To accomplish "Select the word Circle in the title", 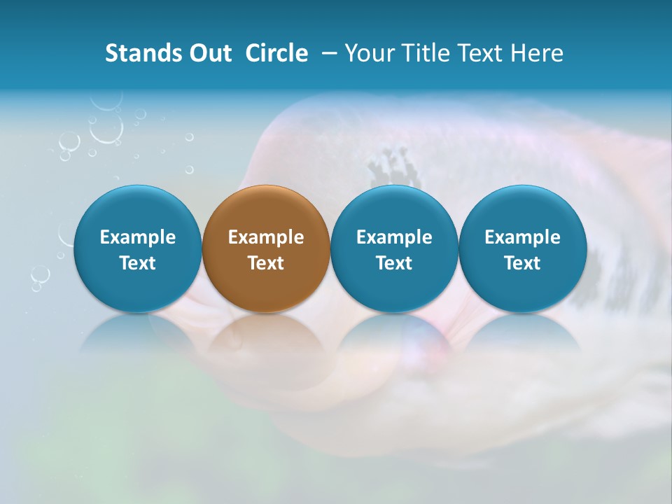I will coord(276,53).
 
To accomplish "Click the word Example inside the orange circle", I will coord(266,237).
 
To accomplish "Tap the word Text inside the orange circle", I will coord(266,263).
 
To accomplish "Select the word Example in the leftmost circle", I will coord(137,237).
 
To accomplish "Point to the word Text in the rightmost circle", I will coord(522,263).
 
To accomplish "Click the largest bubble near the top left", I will coord(106,128).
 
